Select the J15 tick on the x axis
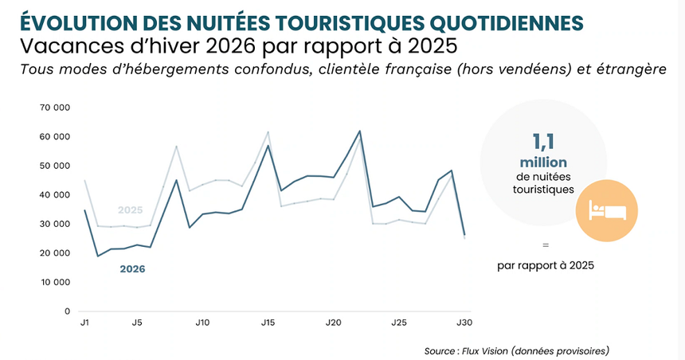coord(268,323)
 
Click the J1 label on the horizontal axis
coord(84,323)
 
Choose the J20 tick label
coord(335,323)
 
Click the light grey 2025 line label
coord(131,210)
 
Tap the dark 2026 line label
coord(132,269)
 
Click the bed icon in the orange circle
coord(608,210)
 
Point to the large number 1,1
coord(544,143)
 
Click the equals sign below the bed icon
coord(545,245)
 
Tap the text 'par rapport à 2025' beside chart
coord(545,265)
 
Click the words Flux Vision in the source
coord(488,350)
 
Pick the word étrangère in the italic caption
coord(629,70)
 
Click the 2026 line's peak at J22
coord(360,131)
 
